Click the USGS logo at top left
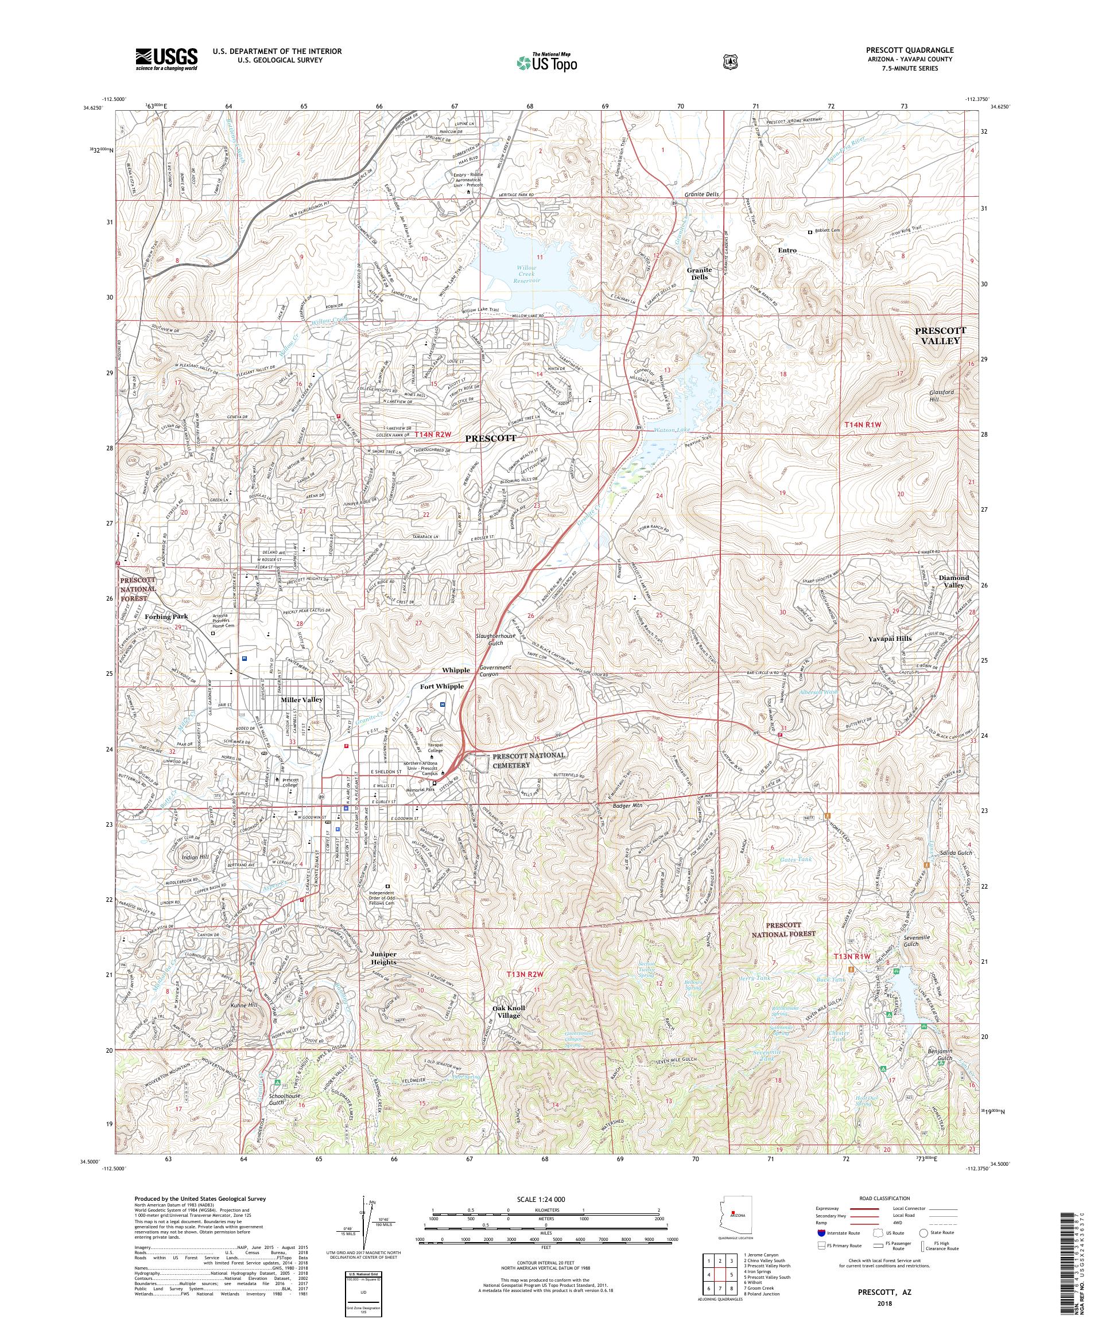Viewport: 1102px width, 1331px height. [166, 60]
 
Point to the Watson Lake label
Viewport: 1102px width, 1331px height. [672, 430]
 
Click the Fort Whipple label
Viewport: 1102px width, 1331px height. [442, 686]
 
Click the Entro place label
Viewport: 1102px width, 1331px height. [786, 250]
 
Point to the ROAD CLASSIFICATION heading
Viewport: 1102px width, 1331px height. [884, 1198]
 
